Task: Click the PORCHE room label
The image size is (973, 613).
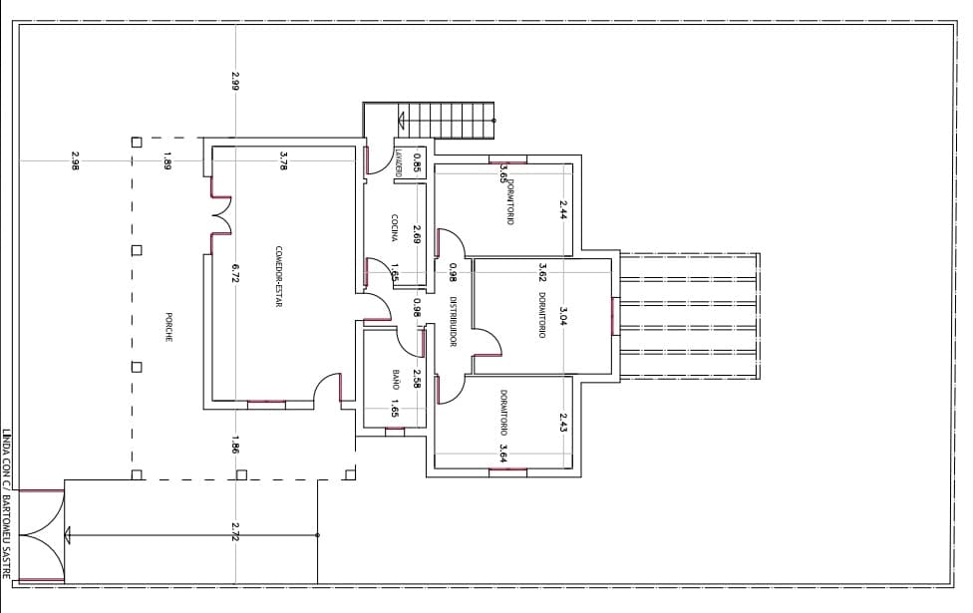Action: [168, 327]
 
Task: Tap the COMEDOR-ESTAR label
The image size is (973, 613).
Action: [279, 276]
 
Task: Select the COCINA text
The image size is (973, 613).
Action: [395, 228]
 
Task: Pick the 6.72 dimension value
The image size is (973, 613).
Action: [236, 274]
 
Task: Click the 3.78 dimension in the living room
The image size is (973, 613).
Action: [283, 161]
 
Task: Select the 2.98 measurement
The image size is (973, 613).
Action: [75, 160]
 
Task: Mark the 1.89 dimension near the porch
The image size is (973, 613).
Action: [167, 160]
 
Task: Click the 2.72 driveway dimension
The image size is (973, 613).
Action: [235, 532]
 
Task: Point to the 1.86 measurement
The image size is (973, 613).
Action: [235, 446]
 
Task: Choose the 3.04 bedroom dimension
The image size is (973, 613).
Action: [563, 317]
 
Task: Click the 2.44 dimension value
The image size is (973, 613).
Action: [563, 209]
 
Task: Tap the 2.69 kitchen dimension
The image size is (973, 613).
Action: [417, 234]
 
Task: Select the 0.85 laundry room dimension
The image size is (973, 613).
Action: [417, 161]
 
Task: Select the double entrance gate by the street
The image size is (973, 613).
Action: [42, 535]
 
